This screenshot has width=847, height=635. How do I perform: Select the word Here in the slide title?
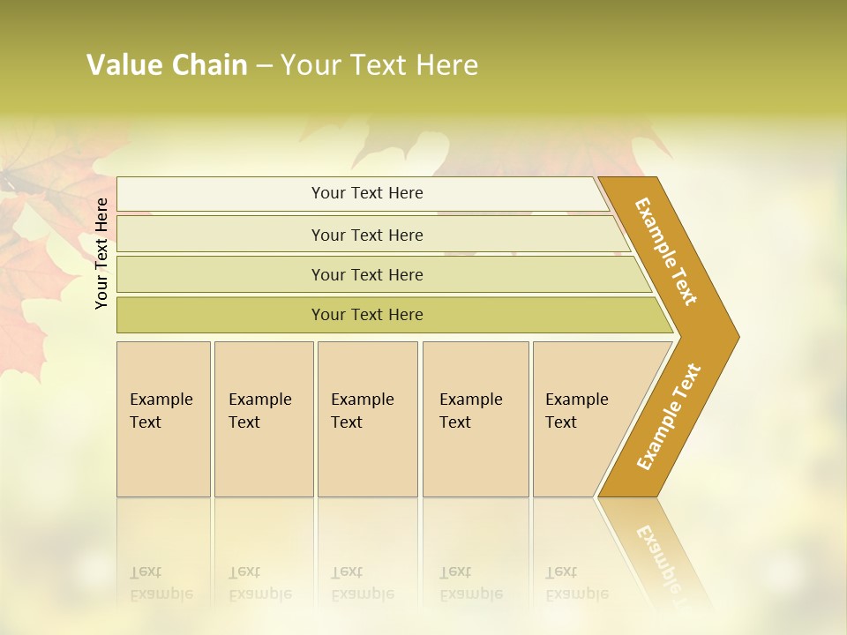click(x=446, y=65)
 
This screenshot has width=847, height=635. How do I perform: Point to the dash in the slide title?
click(x=265, y=66)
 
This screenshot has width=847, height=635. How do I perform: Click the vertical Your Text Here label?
click(x=101, y=253)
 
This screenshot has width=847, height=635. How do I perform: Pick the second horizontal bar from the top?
click(x=367, y=235)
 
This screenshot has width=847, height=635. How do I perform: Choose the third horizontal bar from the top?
click(x=367, y=274)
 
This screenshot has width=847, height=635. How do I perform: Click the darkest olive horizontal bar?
click(x=367, y=315)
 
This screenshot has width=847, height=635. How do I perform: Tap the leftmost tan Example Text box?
click(x=163, y=419)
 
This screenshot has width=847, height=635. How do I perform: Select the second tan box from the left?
click(x=264, y=419)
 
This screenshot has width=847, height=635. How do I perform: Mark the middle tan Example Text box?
click(x=367, y=419)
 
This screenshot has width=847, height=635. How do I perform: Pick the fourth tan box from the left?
click(x=476, y=419)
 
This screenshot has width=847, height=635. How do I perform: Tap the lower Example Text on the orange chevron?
click(x=669, y=416)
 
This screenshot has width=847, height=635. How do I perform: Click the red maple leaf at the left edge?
click(x=35, y=282)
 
